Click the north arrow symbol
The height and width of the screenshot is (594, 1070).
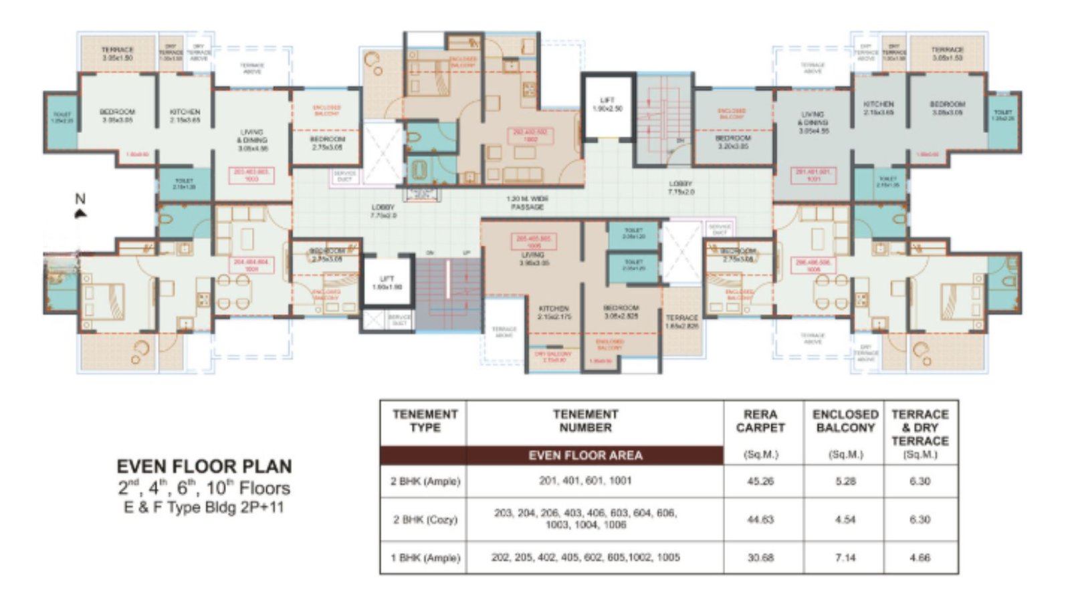click(x=80, y=213)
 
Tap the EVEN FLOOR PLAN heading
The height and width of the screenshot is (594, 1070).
click(x=204, y=466)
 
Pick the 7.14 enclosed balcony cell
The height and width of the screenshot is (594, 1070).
click(x=845, y=557)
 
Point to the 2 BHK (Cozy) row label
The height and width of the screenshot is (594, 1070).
click(x=425, y=519)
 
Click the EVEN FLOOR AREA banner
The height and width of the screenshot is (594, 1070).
click(x=585, y=456)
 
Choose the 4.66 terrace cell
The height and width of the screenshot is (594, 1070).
click(x=920, y=557)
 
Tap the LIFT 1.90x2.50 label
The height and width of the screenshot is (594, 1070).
click(x=607, y=104)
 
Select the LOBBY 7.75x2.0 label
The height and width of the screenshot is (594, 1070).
click(x=681, y=188)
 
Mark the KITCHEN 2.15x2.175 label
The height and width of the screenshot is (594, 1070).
click(x=554, y=313)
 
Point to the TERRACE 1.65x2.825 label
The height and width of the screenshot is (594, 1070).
click(x=681, y=322)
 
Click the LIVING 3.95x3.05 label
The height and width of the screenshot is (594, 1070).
click(x=533, y=259)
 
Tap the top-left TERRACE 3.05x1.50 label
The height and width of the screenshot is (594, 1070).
click(x=118, y=53)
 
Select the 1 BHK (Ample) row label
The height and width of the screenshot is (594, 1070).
click(x=425, y=557)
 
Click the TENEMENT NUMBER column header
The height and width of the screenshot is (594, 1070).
click(x=585, y=421)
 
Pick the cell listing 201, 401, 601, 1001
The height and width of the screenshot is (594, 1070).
click(x=585, y=481)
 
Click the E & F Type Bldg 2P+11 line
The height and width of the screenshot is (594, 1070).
click(x=204, y=507)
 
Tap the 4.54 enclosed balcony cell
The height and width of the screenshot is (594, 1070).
click(x=845, y=519)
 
